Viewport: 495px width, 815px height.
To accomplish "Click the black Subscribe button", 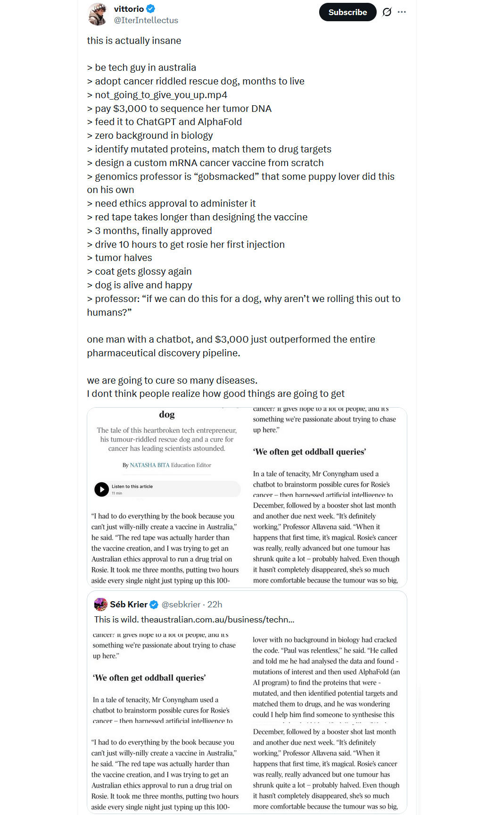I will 347,12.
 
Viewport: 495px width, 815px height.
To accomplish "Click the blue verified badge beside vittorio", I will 151,8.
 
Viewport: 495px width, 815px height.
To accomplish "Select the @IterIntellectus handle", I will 146,20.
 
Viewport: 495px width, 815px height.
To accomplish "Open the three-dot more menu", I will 402,12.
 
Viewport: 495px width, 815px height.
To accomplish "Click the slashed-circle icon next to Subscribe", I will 387,12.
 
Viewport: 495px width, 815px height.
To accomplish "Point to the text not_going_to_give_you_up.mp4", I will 161,95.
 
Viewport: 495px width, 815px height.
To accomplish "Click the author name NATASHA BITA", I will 149,465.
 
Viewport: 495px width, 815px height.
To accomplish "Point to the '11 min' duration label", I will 117,493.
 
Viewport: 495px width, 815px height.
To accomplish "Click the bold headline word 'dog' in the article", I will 166,414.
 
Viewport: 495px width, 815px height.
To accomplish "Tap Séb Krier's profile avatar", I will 100,604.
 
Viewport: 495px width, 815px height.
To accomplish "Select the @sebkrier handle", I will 181,605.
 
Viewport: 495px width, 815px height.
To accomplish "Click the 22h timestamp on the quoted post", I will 215,605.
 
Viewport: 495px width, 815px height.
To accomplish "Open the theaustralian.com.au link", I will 217,619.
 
